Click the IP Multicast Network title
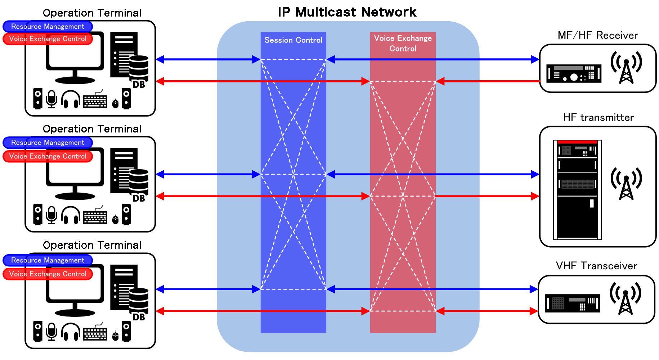[347, 12]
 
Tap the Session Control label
[293, 40]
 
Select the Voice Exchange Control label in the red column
[403, 43]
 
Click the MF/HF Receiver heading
[597, 35]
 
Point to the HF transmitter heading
[598, 117]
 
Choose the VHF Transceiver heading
[596, 266]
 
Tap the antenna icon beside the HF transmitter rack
[626, 183]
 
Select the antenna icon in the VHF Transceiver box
[625, 298]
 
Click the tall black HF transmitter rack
[577, 190]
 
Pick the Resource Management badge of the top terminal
[48, 26]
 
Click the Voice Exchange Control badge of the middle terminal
[48, 156]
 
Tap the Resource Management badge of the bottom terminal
[48, 260]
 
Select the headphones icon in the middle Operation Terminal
[71, 215]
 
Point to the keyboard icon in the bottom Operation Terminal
[95, 333]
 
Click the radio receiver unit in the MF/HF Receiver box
[574, 73]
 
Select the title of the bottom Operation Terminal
[92, 245]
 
